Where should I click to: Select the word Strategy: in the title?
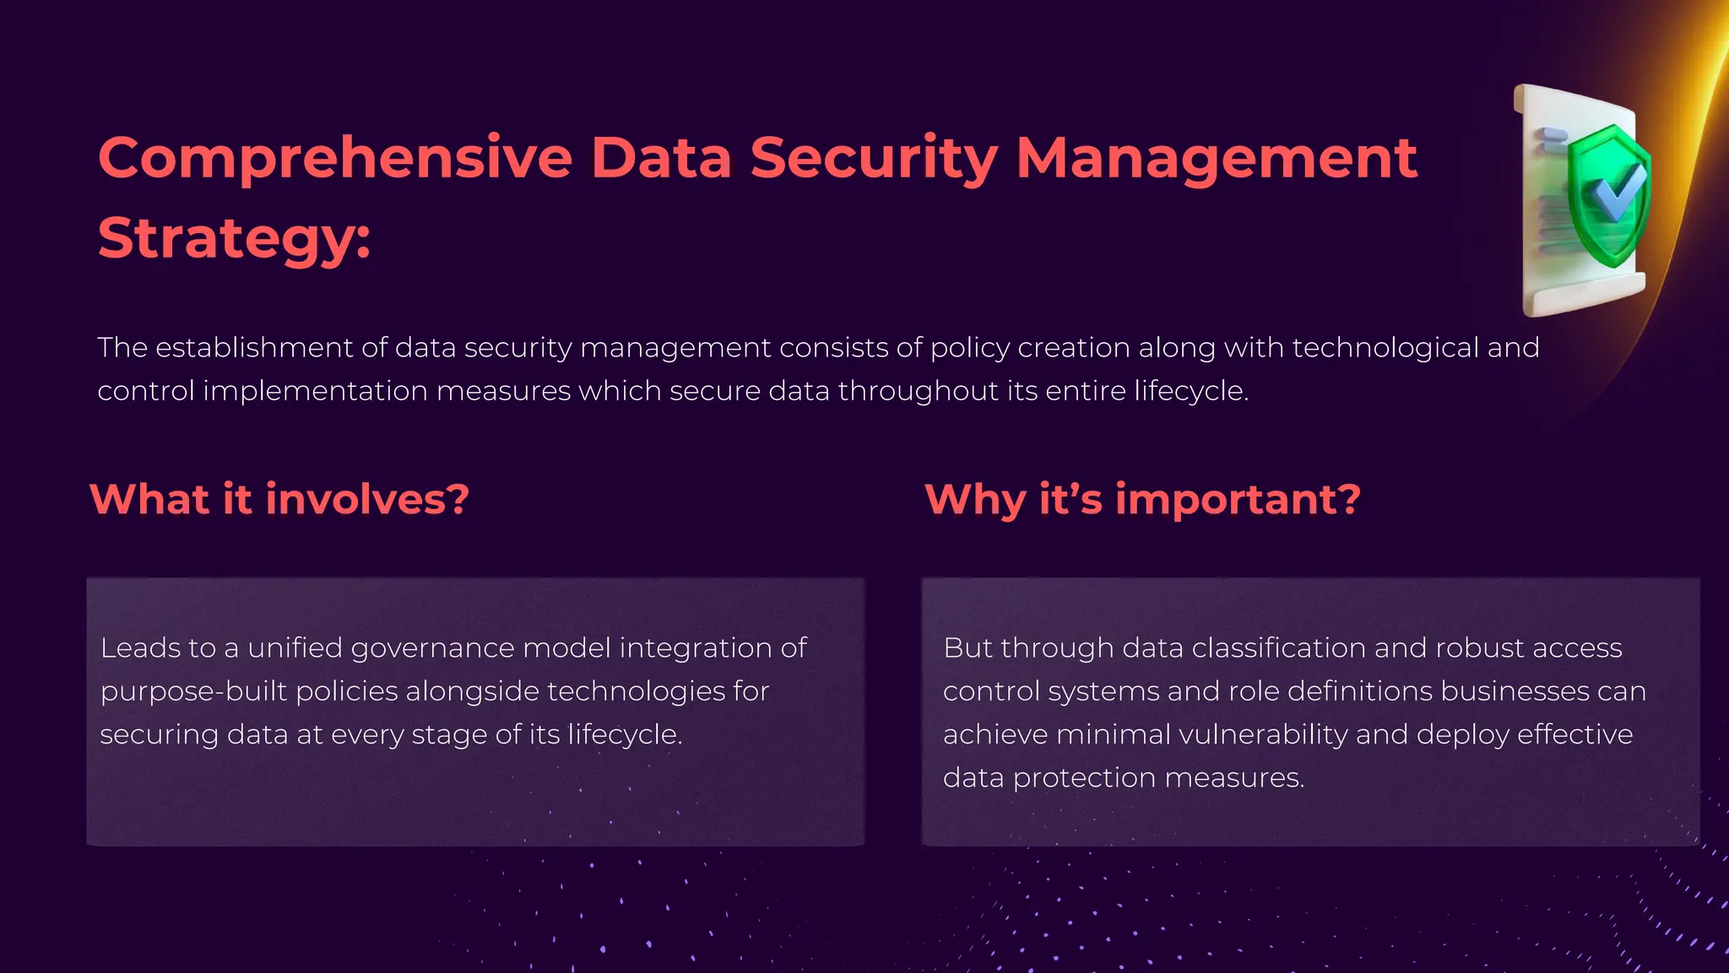(x=234, y=238)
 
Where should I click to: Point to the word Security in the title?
(x=874, y=158)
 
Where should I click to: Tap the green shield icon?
(x=1608, y=196)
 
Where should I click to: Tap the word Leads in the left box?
(x=140, y=648)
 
